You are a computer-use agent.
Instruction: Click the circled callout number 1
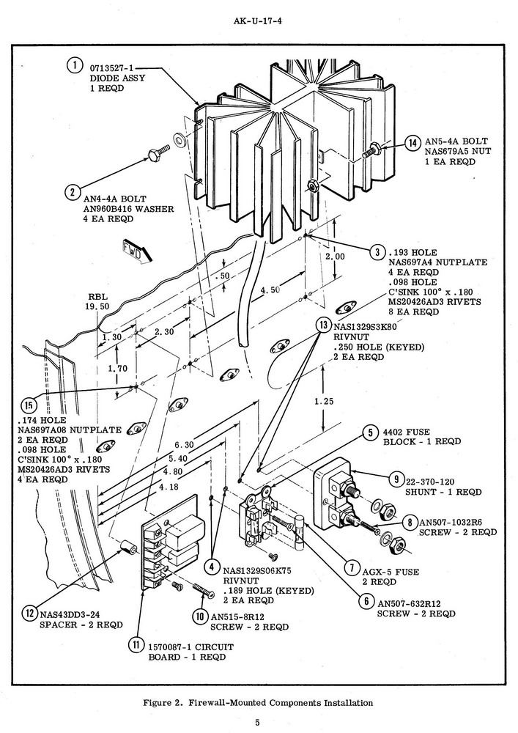point(74,66)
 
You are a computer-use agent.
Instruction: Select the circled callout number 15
point(29,405)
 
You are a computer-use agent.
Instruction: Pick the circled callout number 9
point(396,479)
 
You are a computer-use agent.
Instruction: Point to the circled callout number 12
point(29,614)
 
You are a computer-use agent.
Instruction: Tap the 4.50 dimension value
point(270,290)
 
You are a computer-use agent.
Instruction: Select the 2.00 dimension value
point(335,257)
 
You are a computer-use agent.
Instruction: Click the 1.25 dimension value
point(323,401)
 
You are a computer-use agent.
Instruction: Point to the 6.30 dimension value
point(185,445)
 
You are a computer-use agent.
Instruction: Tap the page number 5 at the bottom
point(258,721)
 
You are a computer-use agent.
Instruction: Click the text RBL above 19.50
point(97,298)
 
